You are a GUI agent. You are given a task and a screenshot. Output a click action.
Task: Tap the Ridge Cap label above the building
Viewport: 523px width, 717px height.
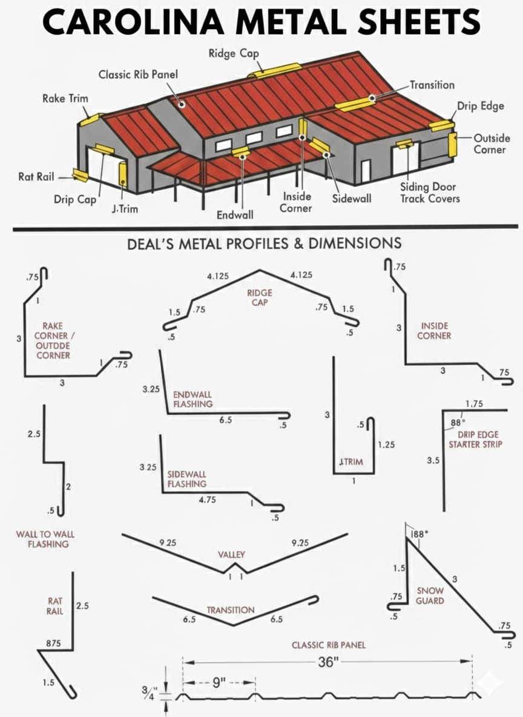[x=234, y=53]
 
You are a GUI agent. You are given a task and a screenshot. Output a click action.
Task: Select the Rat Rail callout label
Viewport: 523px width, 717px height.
[x=36, y=176]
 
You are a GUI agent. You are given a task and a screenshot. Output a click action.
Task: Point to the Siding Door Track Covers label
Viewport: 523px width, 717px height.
[x=430, y=193]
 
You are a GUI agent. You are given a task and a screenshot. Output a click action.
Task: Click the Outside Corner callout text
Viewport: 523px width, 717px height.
[x=492, y=144]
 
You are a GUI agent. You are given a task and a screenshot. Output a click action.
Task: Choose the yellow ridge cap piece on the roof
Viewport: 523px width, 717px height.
[x=268, y=71]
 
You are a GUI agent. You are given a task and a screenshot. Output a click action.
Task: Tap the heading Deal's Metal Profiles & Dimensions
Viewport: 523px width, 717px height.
[x=265, y=243]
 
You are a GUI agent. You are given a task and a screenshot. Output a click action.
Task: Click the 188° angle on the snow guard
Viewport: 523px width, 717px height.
[x=419, y=534]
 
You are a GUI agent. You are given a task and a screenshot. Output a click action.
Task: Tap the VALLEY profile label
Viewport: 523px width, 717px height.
[x=231, y=555]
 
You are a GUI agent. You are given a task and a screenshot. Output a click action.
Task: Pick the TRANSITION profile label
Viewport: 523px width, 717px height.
[x=231, y=610]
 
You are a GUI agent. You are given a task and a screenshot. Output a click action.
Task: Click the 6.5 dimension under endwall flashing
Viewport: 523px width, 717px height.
[x=225, y=420]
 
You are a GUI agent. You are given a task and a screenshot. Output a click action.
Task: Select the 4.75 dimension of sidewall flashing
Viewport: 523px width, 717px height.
[x=207, y=500]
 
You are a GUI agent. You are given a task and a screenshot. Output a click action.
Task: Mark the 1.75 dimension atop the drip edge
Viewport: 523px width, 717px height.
[x=474, y=404]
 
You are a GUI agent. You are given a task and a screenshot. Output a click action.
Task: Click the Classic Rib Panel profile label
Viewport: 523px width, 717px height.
[x=329, y=645]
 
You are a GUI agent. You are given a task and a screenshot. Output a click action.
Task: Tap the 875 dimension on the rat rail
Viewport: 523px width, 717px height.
[x=53, y=643]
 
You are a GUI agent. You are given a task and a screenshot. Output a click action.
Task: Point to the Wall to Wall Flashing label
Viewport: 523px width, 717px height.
[x=45, y=539]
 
